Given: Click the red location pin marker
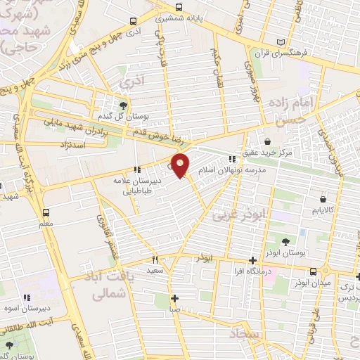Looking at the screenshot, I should point(181,165).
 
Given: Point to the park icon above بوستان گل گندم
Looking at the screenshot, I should point(123,105).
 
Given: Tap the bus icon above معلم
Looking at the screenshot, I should point(46,212).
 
